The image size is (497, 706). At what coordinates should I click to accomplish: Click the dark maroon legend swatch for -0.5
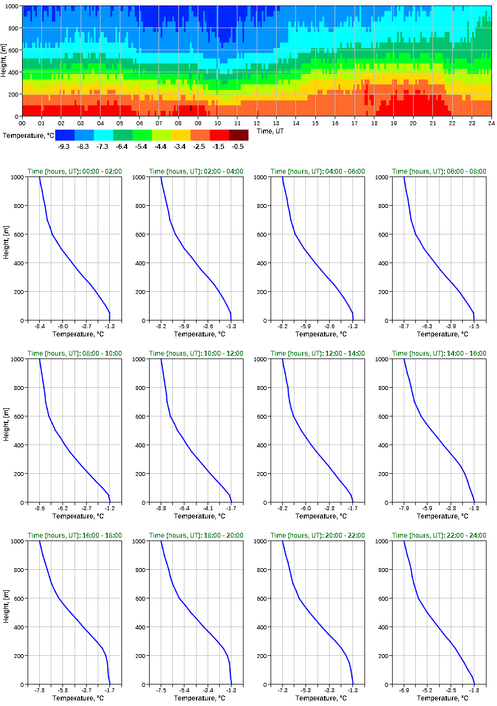tap(239, 135)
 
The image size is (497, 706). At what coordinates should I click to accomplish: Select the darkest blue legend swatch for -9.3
tap(65, 135)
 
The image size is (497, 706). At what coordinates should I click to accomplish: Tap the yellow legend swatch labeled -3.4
tap(181, 135)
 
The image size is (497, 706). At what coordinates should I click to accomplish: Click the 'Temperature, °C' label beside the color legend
tap(28, 135)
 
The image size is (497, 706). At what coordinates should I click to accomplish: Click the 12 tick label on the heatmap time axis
tap(257, 123)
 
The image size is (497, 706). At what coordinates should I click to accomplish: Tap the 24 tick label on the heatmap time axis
tap(491, 123)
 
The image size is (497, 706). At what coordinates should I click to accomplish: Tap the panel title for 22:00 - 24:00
tap(439, 536)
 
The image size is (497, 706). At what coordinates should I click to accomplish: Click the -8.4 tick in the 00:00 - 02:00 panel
tap(40, 327)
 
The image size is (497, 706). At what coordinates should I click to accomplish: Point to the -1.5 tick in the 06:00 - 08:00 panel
tap(474, 327)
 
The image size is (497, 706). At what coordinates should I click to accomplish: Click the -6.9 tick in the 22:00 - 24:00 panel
tap(404, 691)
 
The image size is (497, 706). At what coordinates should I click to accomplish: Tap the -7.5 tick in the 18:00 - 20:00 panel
tap(161, 691)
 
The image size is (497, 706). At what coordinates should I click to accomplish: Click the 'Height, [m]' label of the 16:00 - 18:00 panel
tap(6, 612)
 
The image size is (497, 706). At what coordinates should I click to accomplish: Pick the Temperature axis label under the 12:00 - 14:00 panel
tap(318, 516)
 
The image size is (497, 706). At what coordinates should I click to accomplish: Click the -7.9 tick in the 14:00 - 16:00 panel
tap(404, 509)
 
